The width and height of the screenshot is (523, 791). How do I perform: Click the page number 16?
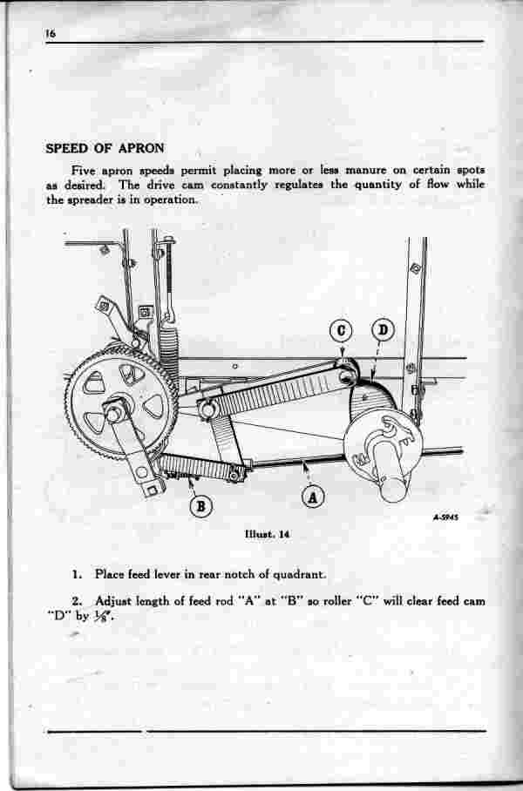(50, 34)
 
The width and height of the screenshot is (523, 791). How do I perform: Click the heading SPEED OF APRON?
(105, 148)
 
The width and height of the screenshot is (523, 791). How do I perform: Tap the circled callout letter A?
(313, 498)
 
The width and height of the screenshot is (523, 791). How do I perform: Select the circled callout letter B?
(201, 506)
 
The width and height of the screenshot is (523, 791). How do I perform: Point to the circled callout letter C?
(342, 331)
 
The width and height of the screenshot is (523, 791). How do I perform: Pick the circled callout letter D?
(384, 330)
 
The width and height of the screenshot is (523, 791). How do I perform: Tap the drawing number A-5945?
(445, 517)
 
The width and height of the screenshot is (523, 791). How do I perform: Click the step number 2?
(77, 601)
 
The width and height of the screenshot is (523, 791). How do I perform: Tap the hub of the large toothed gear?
(116, 410)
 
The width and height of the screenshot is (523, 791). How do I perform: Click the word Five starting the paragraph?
(84, 170)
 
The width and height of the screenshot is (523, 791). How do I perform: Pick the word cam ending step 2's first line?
(474, 601)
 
